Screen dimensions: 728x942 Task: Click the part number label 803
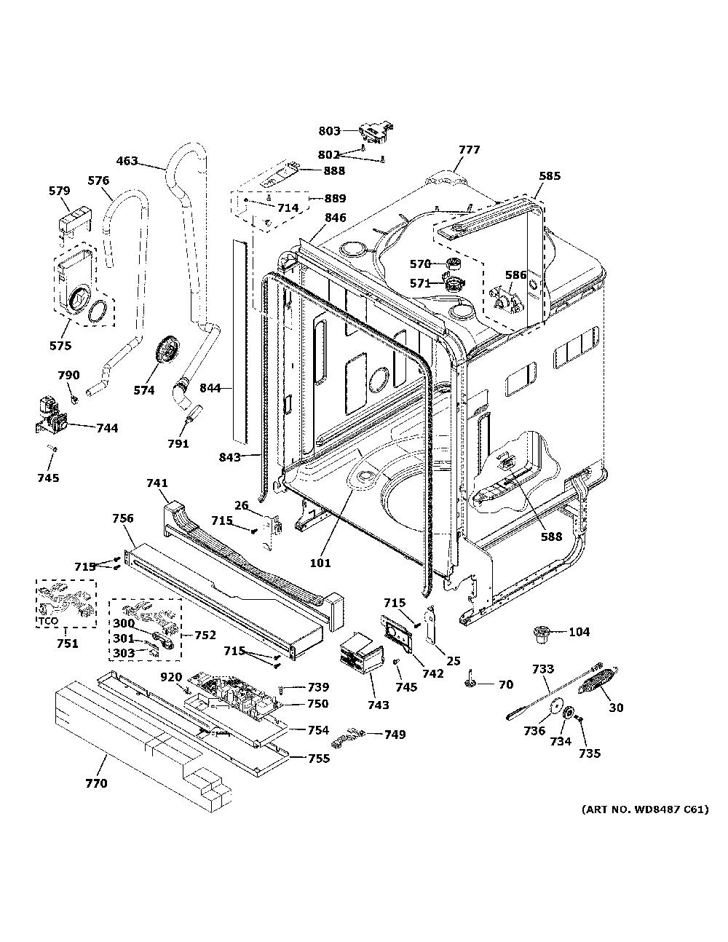(x=329, y=130)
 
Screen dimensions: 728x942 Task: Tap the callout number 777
(x=470, y=149)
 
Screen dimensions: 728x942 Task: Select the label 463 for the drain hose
(x=127, y=162)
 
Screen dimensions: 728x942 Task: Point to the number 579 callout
(x=60, y=191)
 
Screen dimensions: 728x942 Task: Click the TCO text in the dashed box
(x=47, y=621)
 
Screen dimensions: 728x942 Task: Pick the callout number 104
(x=579, y=632)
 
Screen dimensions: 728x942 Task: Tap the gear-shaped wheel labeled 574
(x=167, y=352)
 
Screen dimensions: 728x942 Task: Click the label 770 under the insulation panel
(x=96, y=783)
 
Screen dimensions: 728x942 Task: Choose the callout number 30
(x=616, y=708)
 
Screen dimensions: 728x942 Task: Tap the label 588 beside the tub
(x=551, y=537)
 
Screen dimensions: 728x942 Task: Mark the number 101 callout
(x=320, y=563)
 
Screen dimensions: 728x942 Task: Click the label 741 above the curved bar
(x=157, y=483)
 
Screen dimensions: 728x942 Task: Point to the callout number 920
(x=171, y=677)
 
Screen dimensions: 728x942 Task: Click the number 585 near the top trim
(x=550, y=175)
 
